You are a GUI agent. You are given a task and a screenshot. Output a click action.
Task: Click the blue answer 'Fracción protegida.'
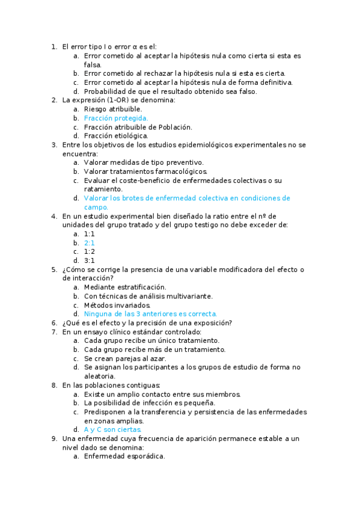(116, 118)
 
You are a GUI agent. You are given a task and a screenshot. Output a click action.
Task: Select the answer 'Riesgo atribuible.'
(113, 109)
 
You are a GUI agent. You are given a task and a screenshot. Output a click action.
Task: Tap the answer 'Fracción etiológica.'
(116, 136)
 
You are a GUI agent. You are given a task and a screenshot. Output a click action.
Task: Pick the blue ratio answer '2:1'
(90, 242)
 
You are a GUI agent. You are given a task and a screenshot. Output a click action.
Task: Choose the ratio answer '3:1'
(90, 260)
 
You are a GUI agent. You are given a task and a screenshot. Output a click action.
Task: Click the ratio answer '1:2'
(90, 251)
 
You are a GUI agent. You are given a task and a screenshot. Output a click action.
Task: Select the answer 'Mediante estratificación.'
(125, 287)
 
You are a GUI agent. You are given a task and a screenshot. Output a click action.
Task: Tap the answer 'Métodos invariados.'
(117, 305)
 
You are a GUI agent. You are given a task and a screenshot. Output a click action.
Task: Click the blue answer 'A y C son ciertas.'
(113, 429)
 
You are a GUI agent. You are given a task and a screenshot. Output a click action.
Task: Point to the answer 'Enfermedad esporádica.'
(124, 456)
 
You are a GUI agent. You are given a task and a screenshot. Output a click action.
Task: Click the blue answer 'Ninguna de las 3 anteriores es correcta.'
(150, 314)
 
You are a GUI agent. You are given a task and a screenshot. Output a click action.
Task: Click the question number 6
(54, 323)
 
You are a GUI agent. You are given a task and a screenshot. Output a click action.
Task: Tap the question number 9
(54, 438)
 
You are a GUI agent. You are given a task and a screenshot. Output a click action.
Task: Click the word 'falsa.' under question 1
(93, 64)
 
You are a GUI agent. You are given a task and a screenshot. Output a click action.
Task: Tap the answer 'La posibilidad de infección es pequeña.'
(150, 403)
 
